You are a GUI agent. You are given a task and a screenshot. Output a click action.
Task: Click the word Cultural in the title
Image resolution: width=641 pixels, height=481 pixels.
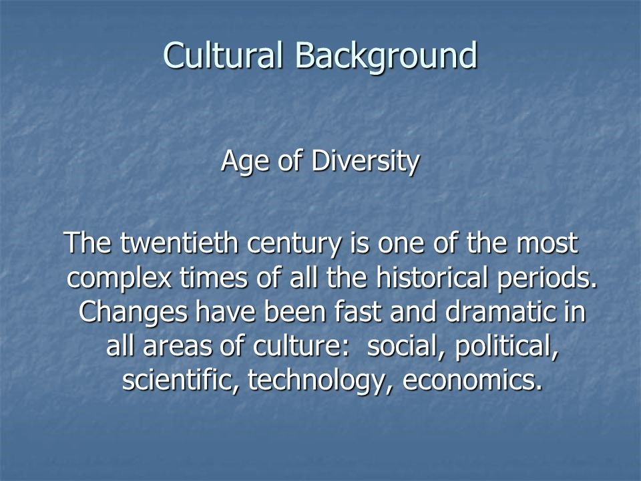pos(223,55)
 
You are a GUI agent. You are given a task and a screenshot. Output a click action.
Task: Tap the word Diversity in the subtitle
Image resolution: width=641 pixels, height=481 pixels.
pos(365,162)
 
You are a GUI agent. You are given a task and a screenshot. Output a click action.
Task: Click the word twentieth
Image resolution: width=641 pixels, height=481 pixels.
pos(179,243)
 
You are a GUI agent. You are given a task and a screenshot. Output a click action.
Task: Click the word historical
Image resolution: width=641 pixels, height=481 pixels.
pos(432,277)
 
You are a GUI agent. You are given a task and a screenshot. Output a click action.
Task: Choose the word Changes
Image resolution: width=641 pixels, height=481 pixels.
pos(133,313)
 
